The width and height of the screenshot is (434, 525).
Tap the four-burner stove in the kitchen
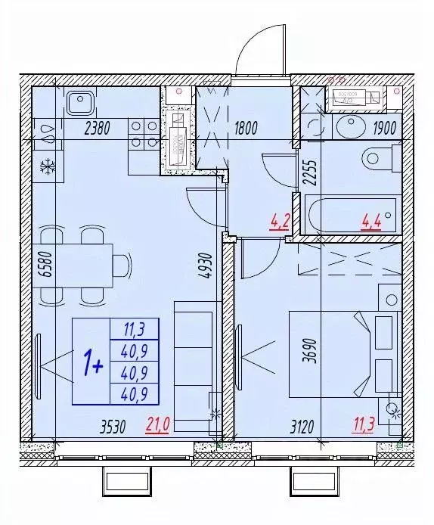coord(142,133)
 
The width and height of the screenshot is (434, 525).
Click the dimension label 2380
coord(98,129)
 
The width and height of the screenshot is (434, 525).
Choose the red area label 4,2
coord(279,222)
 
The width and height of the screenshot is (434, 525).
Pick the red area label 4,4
coord(370,222)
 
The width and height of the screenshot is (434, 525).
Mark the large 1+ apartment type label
coord(94,365)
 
